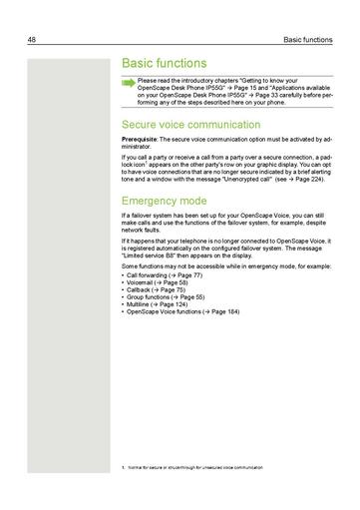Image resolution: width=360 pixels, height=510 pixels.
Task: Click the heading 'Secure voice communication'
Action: tap(189, 125)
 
